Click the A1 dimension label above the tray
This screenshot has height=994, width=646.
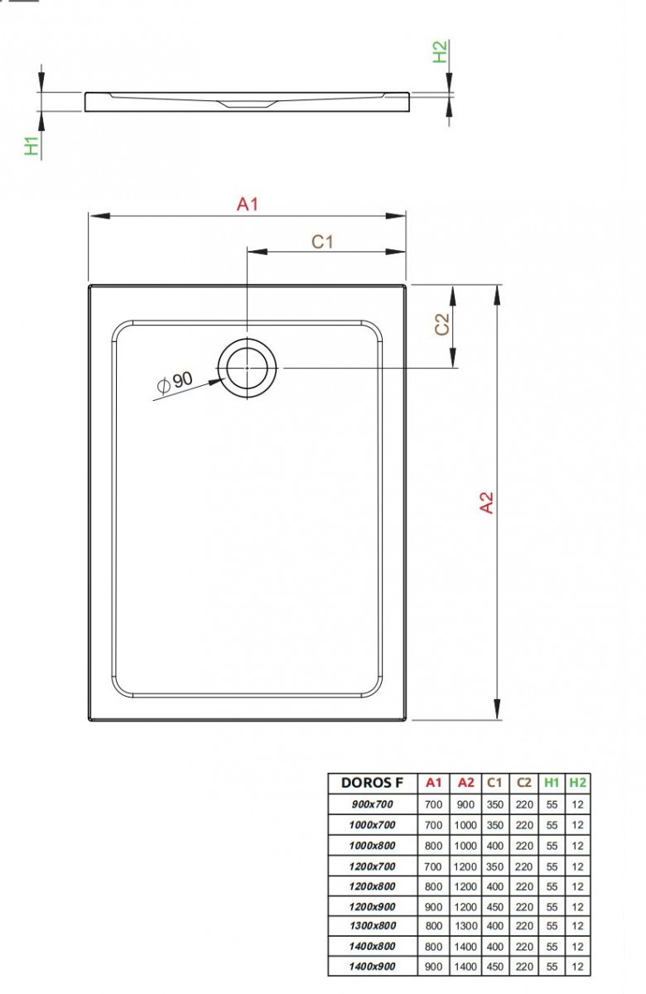pyautogui.click(x=248, y=204)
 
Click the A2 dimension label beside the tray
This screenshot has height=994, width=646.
pyautogui.click(x=487, y=503)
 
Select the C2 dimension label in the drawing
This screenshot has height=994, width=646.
pyautogui.click(x=442, y=325)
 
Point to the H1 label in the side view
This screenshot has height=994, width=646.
pyautogui.click(x=31, y=146)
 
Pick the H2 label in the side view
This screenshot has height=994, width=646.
pyautogui.click(x=440, y=51)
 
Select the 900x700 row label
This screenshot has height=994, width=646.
pyautogui.click(x=373, y=803)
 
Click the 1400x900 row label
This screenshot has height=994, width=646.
pyautogui.click(x=373, y=967)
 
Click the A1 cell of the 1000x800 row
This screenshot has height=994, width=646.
pyautogui.click(x=434, y=846)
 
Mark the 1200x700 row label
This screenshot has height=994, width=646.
pyautogui.click(x=373, y=866)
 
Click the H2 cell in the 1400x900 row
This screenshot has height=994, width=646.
pyautogui.click(x=577, y=967)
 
